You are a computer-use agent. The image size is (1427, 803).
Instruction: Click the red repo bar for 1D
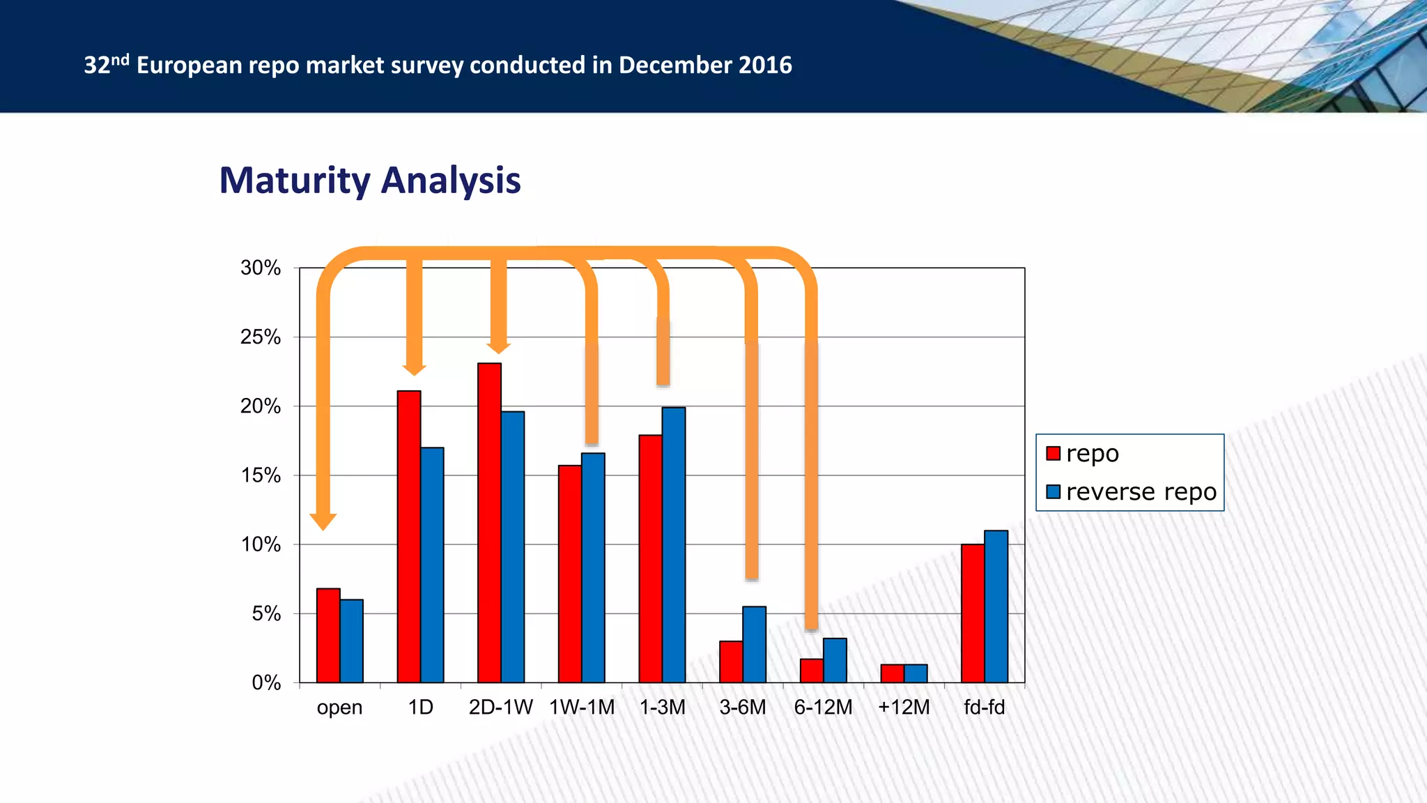coord(409,537)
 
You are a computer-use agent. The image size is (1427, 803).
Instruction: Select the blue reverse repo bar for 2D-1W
coord(513,547)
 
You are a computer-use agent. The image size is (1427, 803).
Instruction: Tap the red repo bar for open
coord(328,636)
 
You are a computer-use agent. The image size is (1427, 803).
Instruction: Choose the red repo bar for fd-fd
coord(973,613)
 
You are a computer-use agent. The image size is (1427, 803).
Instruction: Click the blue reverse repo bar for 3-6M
coord(754,645)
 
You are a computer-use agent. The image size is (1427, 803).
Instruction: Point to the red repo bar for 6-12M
coord(812,671)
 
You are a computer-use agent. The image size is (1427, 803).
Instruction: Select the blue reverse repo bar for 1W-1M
coord(593,568)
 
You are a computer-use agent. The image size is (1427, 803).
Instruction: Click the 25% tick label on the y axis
coord(261,337)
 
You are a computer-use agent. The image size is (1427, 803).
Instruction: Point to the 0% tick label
coord(266,683)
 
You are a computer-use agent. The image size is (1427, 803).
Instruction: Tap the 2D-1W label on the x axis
coord(500,708)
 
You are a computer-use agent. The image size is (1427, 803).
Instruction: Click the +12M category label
coord(904,708)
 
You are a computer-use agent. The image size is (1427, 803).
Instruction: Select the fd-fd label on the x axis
coord(984,708)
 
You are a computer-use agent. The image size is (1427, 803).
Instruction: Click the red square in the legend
coord(1053,454)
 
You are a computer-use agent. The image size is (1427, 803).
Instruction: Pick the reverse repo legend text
coord(1141,492)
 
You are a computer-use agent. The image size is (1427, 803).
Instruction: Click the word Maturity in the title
coord(295,181)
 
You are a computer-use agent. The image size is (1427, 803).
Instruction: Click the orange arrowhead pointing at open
coord(323,522)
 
